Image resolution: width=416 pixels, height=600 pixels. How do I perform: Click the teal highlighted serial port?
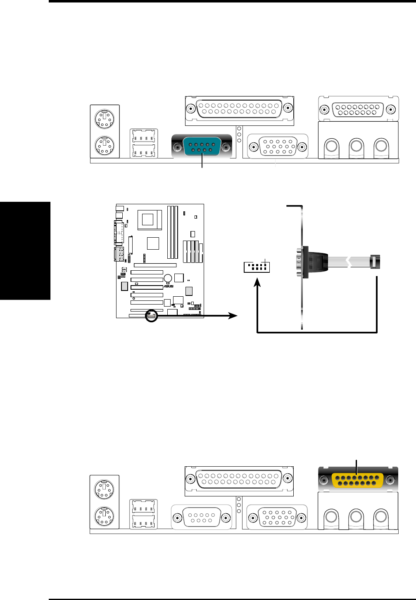coord(202,147)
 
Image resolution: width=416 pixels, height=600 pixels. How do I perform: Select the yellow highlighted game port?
coord(358,480)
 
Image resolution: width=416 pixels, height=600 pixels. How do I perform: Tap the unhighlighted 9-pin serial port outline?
coord(202,517)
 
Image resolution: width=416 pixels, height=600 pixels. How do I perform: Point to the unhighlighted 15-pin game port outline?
coord(358,110)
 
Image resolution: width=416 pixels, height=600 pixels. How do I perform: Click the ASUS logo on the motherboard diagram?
coord(168,286)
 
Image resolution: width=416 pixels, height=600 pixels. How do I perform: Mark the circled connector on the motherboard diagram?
coord(152,316)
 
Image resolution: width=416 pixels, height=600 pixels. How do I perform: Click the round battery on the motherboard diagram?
coord(168,279)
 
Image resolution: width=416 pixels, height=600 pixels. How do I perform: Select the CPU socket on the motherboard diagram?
coord(147,219)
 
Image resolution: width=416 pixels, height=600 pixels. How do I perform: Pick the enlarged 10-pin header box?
coord(257,267)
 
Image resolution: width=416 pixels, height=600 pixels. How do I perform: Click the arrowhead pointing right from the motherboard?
coord(233,316)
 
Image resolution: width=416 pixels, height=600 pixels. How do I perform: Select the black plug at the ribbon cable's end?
coord(375,262)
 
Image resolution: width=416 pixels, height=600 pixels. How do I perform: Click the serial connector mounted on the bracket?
coord(300,262)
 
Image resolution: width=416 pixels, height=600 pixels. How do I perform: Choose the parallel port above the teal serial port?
coord(239,109)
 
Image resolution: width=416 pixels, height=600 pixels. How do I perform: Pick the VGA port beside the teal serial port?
coord(278,146)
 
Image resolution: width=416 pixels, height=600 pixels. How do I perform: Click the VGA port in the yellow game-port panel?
coord(277,517)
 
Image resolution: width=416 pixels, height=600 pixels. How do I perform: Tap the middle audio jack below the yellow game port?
coord(356,516)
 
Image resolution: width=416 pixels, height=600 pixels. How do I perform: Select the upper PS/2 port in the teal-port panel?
coord(105,120)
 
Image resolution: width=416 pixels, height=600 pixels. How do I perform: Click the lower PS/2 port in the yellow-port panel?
coord(105,516)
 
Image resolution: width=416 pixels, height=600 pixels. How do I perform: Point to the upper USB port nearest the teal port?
coord(144,136)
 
